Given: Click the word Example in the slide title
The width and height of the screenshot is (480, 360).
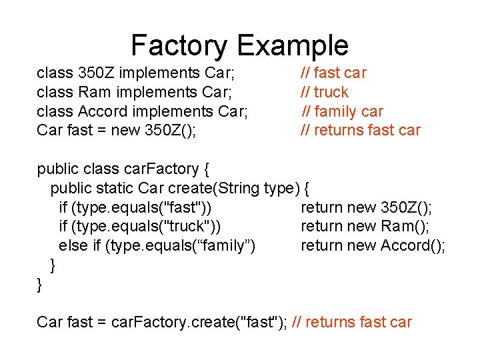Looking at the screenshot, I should [292, 45].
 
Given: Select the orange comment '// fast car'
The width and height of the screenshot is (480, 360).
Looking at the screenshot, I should [333, 73].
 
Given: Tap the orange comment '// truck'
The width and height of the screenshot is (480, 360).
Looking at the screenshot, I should [325, 92].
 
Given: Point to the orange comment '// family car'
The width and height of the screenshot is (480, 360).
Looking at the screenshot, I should [343, 111].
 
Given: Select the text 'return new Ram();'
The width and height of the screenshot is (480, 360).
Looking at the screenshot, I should [365, 227].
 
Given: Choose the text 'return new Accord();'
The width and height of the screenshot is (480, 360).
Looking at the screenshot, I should [373, 246].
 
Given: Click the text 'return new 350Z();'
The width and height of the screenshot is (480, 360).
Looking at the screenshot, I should [366, 207].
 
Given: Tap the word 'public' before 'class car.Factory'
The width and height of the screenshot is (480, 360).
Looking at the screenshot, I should [57, 169].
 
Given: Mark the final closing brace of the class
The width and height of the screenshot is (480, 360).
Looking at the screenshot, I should [39, 285].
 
